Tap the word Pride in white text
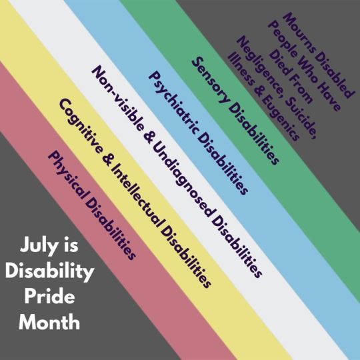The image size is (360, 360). pos(49,297)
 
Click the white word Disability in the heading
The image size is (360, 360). pos(49,271)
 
